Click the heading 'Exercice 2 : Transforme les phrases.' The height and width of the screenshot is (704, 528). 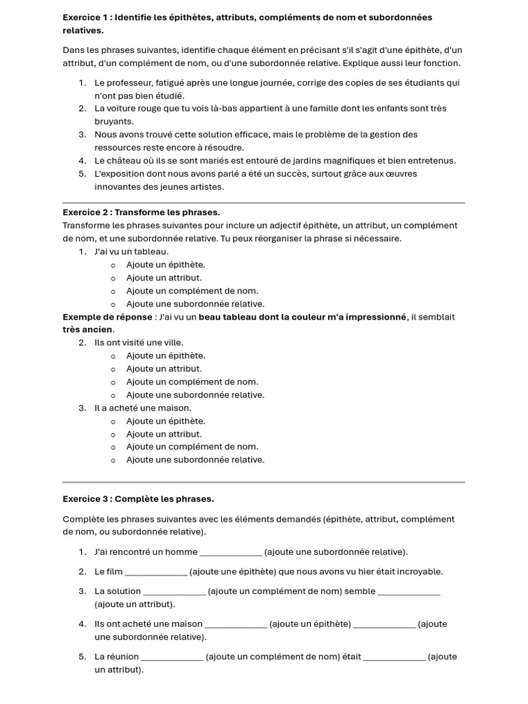[x=141, y=212]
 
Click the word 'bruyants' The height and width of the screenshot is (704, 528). [x=113, y=121]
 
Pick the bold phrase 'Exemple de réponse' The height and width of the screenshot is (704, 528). [x=107, y=317]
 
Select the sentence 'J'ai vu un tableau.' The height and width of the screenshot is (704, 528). [x=131, y=252]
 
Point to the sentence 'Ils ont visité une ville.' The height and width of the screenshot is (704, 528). [x=139, y=342]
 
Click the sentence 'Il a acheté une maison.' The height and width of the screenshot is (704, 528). [x=143, y=408]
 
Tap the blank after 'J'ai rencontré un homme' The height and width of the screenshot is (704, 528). [x=230, y=552]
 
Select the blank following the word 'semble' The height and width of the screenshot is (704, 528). [x=409, y=591]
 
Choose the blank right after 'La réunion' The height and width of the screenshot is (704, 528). [x=172, y=657]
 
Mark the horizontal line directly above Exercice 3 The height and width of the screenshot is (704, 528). [x=263, y=482]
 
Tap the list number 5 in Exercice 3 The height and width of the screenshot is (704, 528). [x=81, y=657]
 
